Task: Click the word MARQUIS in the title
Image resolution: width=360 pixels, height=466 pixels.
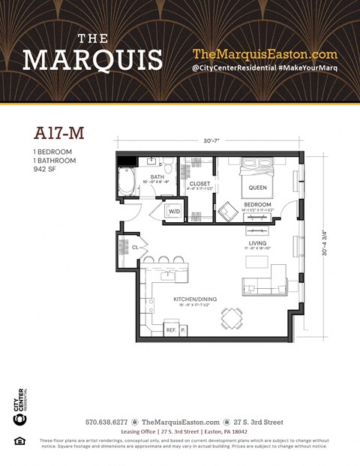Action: point(92,59)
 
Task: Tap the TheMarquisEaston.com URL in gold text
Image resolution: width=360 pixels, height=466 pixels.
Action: point(265,54)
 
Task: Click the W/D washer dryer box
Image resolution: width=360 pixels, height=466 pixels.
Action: point(174,212)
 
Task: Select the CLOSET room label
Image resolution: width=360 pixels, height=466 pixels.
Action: point(199,182)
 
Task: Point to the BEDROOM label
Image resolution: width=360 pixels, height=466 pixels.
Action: point(258,204)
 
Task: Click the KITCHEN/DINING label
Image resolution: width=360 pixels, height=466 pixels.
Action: point(175,299)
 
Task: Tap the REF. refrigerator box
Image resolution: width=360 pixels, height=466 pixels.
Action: point(170,329)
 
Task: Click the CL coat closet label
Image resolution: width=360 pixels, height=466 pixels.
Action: point(135,246)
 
